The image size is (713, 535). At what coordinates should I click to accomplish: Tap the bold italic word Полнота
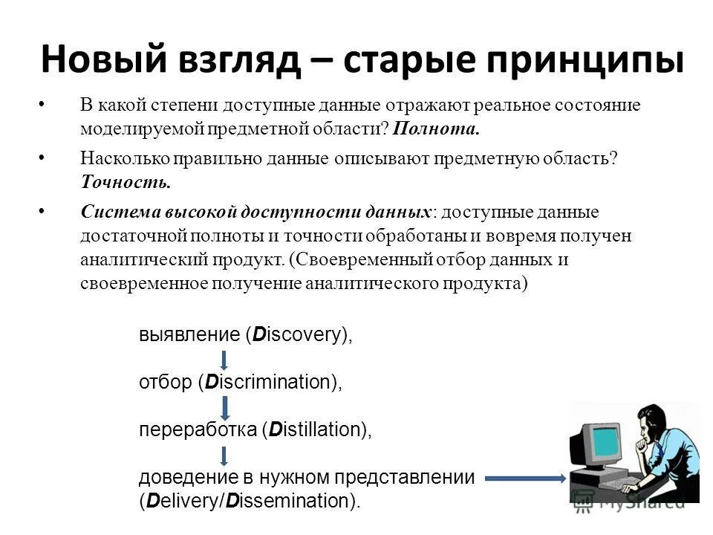(437, 129)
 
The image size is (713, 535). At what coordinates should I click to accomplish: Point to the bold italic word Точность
(126, 181)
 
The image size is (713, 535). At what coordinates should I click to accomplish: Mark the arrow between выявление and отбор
(224, 360)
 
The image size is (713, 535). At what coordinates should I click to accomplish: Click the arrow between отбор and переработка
(225, 406)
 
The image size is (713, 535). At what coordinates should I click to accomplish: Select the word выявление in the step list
(189, 335)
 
